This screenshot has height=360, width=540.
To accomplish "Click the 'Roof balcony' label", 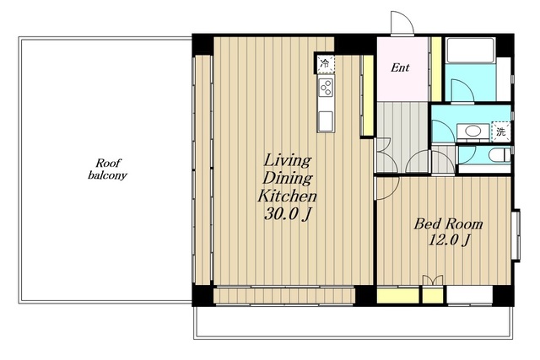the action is (x=107, y=169).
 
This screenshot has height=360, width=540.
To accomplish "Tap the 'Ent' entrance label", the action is (x=400, y=67).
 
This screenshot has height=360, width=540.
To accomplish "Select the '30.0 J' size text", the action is (x=288, y=214).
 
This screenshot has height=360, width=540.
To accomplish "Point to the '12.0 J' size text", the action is (x=448, y=240).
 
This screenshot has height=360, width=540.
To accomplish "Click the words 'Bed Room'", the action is (x=448, y=224).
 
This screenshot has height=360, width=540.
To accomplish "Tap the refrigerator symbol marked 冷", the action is (x=325, y=63).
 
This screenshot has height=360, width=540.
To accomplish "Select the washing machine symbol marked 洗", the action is (x=500, y=132).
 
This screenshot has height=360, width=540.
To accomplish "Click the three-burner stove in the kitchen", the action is (x=326, y=87).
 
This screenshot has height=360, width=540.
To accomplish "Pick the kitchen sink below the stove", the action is (x=326, y=121).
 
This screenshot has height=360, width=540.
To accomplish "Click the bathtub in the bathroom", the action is (x=471, y=50).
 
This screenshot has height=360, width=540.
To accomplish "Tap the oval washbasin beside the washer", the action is (x=472, y=131).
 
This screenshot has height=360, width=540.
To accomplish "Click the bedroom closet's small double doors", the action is (x=433, y=280).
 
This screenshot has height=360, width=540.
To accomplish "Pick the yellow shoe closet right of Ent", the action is (x=436, y=69).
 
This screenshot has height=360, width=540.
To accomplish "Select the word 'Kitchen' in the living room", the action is (x=287, y=196).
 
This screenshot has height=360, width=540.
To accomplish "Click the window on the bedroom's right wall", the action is (x=516, y=235).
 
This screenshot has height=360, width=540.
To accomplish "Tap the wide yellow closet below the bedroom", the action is (x=397, y=296).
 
